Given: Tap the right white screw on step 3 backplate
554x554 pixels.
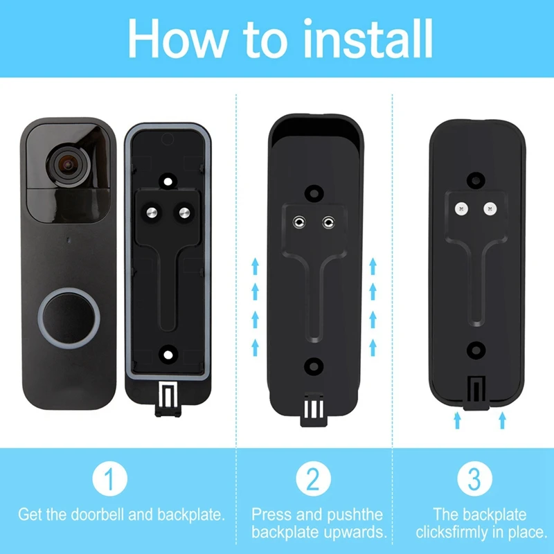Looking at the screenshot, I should pos(490,207).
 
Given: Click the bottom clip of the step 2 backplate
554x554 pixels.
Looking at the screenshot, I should pos(313,409).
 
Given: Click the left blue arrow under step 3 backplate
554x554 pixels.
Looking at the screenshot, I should pos(457,420).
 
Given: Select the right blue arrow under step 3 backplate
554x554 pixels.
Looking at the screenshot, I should pos(503,420).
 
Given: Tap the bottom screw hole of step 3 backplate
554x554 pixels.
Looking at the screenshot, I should pos(475,349).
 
